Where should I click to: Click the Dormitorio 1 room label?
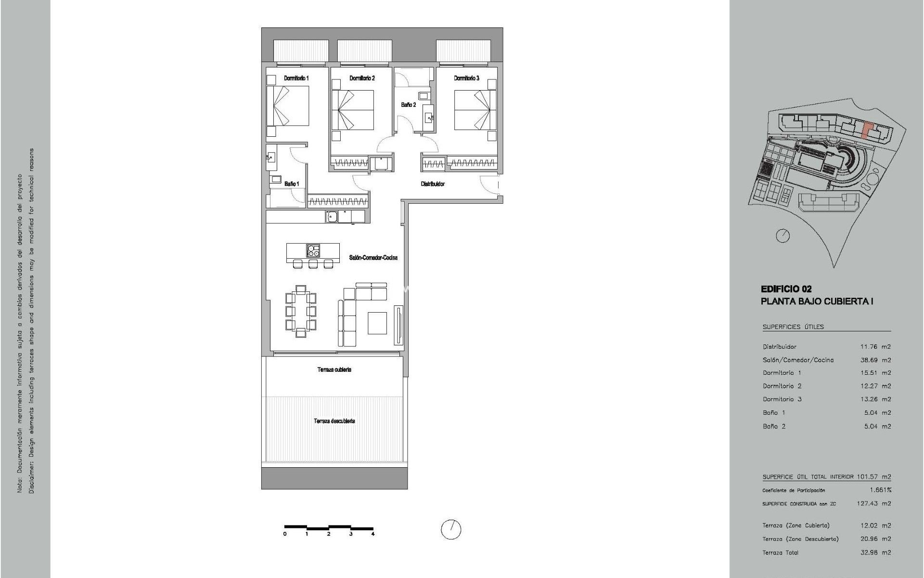tap(296, 78)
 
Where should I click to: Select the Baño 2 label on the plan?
tap(408, 105)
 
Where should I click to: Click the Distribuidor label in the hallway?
tap(433, 184)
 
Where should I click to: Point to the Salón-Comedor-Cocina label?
tap(373, 258)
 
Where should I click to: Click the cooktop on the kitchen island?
tap(313, 250)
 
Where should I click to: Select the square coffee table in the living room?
tap(377, 323)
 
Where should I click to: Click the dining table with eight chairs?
tap(301, 311)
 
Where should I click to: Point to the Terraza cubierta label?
tap(334, 369)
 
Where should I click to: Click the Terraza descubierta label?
tap(334, 421)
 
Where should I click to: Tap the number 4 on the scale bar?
tap(373, 534)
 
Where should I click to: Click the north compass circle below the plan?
tap(451, 529)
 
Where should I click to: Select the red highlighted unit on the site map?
tap(867, 131)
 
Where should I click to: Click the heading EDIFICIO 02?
tap(786, 289)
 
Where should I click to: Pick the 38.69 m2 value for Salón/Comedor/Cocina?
tap(875, 360)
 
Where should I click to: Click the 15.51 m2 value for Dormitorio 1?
tap(875, 373)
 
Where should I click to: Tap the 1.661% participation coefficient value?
tap(880, 490)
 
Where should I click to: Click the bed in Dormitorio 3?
tap(475, 110)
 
